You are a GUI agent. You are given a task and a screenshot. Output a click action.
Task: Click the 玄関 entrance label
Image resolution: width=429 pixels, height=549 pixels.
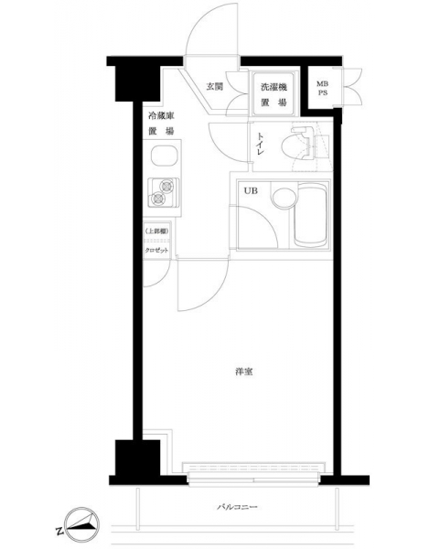[214, 86]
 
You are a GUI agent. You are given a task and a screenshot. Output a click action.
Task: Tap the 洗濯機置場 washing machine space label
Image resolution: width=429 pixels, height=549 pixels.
[273, 94]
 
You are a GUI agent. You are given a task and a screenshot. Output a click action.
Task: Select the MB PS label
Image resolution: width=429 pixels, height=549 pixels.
[322, 89]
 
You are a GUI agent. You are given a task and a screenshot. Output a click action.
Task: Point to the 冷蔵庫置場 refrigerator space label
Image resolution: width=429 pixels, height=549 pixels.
[161, 124]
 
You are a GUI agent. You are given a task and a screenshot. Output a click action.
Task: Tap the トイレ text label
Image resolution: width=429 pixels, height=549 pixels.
[261, 144]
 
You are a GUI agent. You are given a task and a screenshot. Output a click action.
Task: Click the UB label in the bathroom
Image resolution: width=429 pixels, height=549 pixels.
[251, 191]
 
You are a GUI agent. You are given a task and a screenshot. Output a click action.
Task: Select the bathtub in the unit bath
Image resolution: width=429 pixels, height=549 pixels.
[311, 215]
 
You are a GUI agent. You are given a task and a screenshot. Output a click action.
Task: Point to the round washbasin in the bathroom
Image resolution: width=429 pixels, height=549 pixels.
[284, 199]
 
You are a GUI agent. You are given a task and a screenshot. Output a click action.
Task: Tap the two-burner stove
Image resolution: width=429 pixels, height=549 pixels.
[163, 192]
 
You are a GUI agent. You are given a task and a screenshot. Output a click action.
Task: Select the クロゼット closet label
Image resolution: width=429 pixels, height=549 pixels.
[156, 251]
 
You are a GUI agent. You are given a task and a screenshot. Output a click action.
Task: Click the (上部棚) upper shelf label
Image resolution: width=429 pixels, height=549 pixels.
[156, 231]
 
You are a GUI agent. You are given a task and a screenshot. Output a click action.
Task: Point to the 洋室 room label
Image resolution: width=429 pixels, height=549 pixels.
[244, 371]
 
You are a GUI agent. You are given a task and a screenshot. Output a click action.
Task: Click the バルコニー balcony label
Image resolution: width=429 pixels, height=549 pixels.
[237, 507]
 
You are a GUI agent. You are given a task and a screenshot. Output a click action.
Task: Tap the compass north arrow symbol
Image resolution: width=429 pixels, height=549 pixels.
[82, 523]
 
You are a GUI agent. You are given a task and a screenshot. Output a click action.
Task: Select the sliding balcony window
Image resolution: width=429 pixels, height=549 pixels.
[253, 475]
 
